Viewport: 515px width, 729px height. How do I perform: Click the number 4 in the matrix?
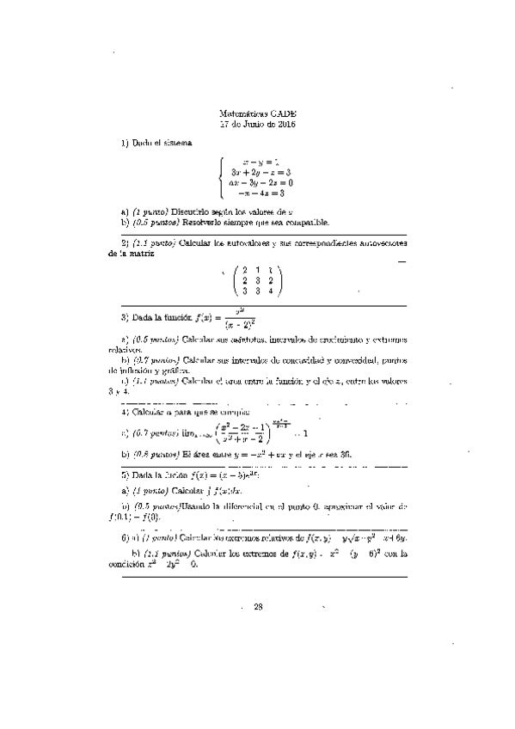(x=271, y=291)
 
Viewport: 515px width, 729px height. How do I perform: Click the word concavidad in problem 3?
(x=298, y=361)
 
